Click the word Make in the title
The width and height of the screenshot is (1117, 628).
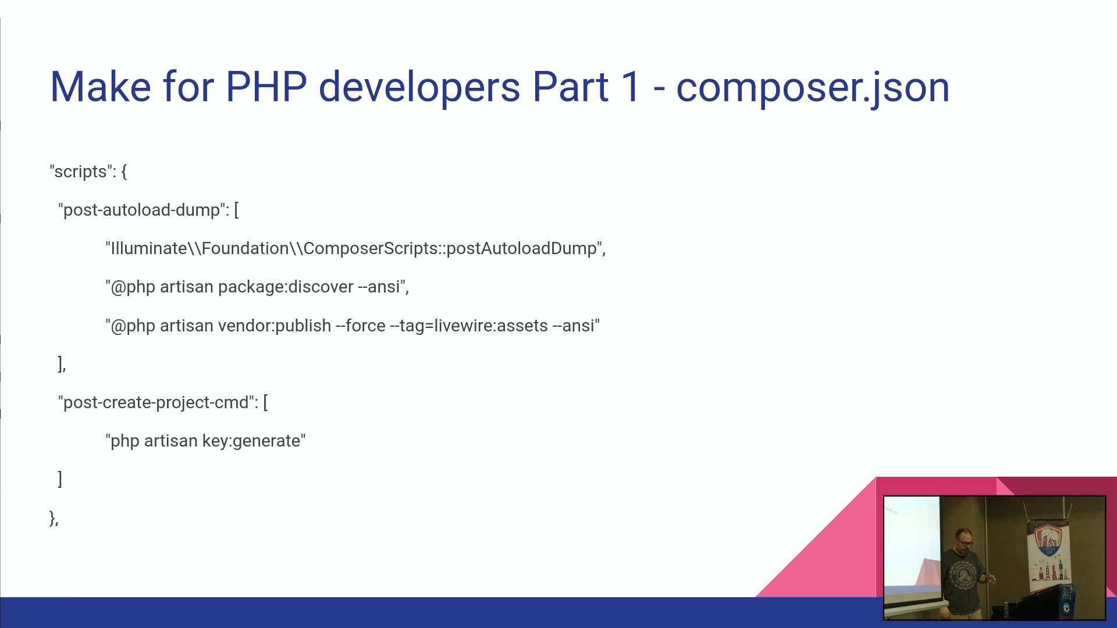101,87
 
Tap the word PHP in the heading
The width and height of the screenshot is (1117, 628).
266,87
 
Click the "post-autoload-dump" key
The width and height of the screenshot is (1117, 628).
141,210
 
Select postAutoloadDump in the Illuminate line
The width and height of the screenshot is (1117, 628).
521,249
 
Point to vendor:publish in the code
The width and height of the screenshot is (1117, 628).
275,326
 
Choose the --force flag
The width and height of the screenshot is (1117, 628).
361,326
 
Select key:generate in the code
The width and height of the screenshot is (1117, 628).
251,441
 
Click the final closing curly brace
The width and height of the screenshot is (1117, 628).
52,518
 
